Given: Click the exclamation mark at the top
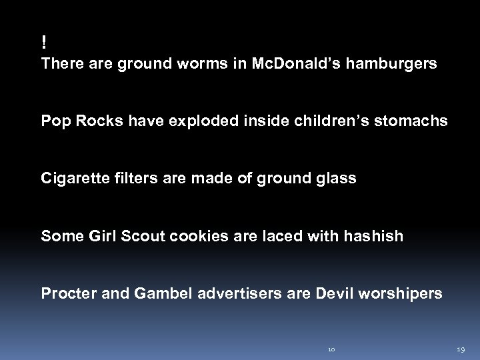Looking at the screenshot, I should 44,43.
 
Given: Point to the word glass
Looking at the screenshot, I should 337,179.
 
